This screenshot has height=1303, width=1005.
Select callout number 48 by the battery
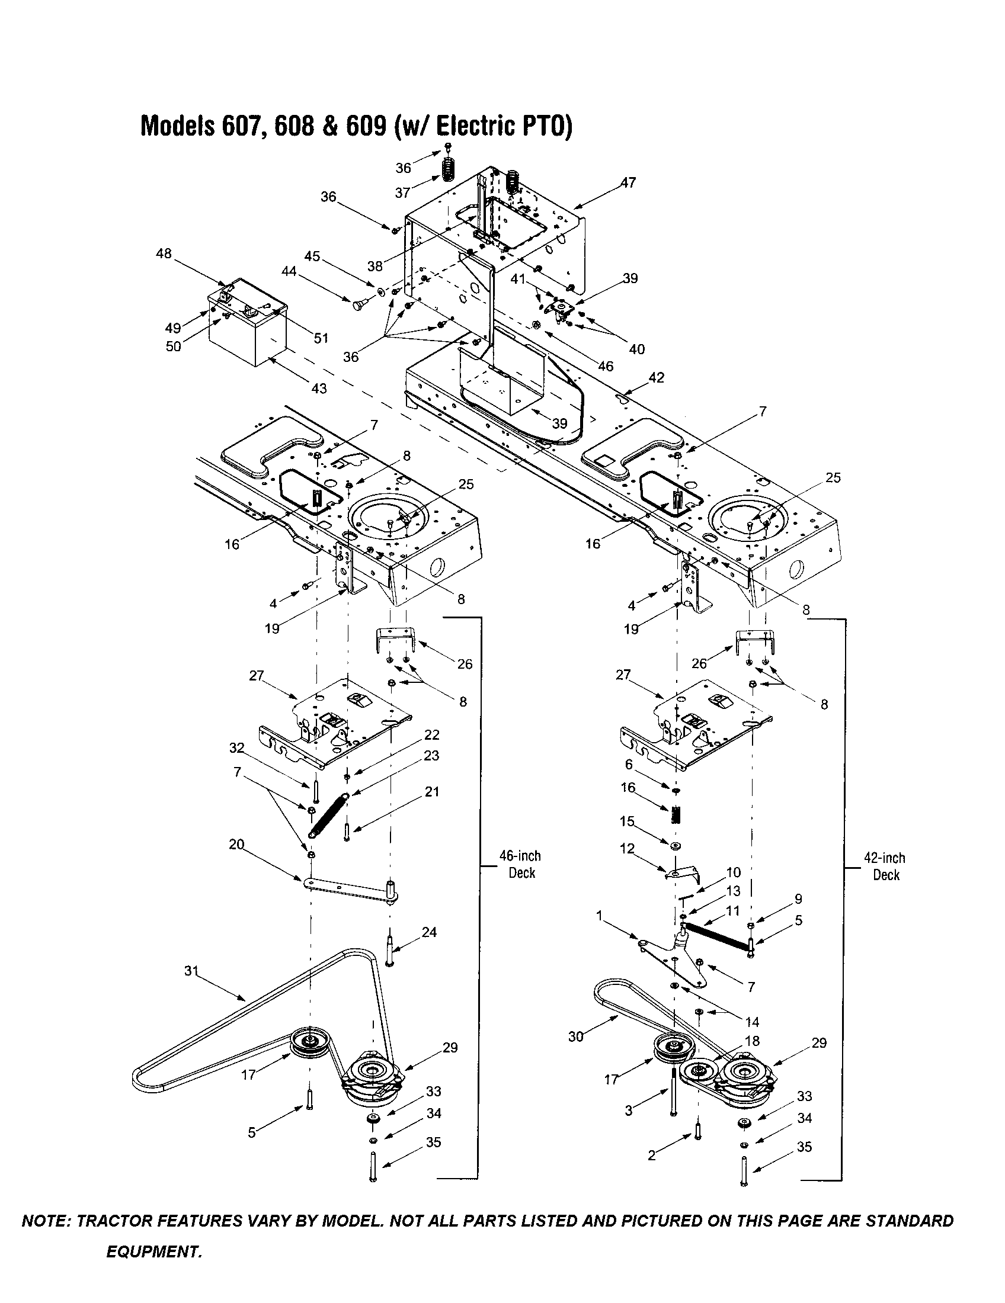tap(164, 253)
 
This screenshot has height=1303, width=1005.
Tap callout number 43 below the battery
tap(319, 389)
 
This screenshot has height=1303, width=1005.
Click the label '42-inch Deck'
tap(886, 867)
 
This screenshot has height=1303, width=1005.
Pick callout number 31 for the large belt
tap(191, 971)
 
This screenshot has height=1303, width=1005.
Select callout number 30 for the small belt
tap(575, 1037)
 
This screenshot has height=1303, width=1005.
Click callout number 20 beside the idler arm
tap(237, 845)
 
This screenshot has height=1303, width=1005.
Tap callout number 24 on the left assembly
tap(429, 932)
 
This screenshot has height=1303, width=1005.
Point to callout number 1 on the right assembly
tap(600, 916)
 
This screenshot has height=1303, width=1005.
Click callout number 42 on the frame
tap(656, 378)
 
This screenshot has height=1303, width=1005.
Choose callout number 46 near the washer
tap(606, 366)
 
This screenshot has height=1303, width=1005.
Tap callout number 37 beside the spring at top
tap(403, 192)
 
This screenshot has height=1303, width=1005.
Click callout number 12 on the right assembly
tap(627, 848)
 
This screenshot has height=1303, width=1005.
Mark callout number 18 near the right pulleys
tap(753, 1041)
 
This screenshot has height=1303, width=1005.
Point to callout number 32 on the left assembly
tap(237, 748)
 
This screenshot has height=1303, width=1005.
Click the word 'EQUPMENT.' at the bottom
tap(154, 1251)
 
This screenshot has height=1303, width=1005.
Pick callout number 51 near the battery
tap(321, 338)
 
